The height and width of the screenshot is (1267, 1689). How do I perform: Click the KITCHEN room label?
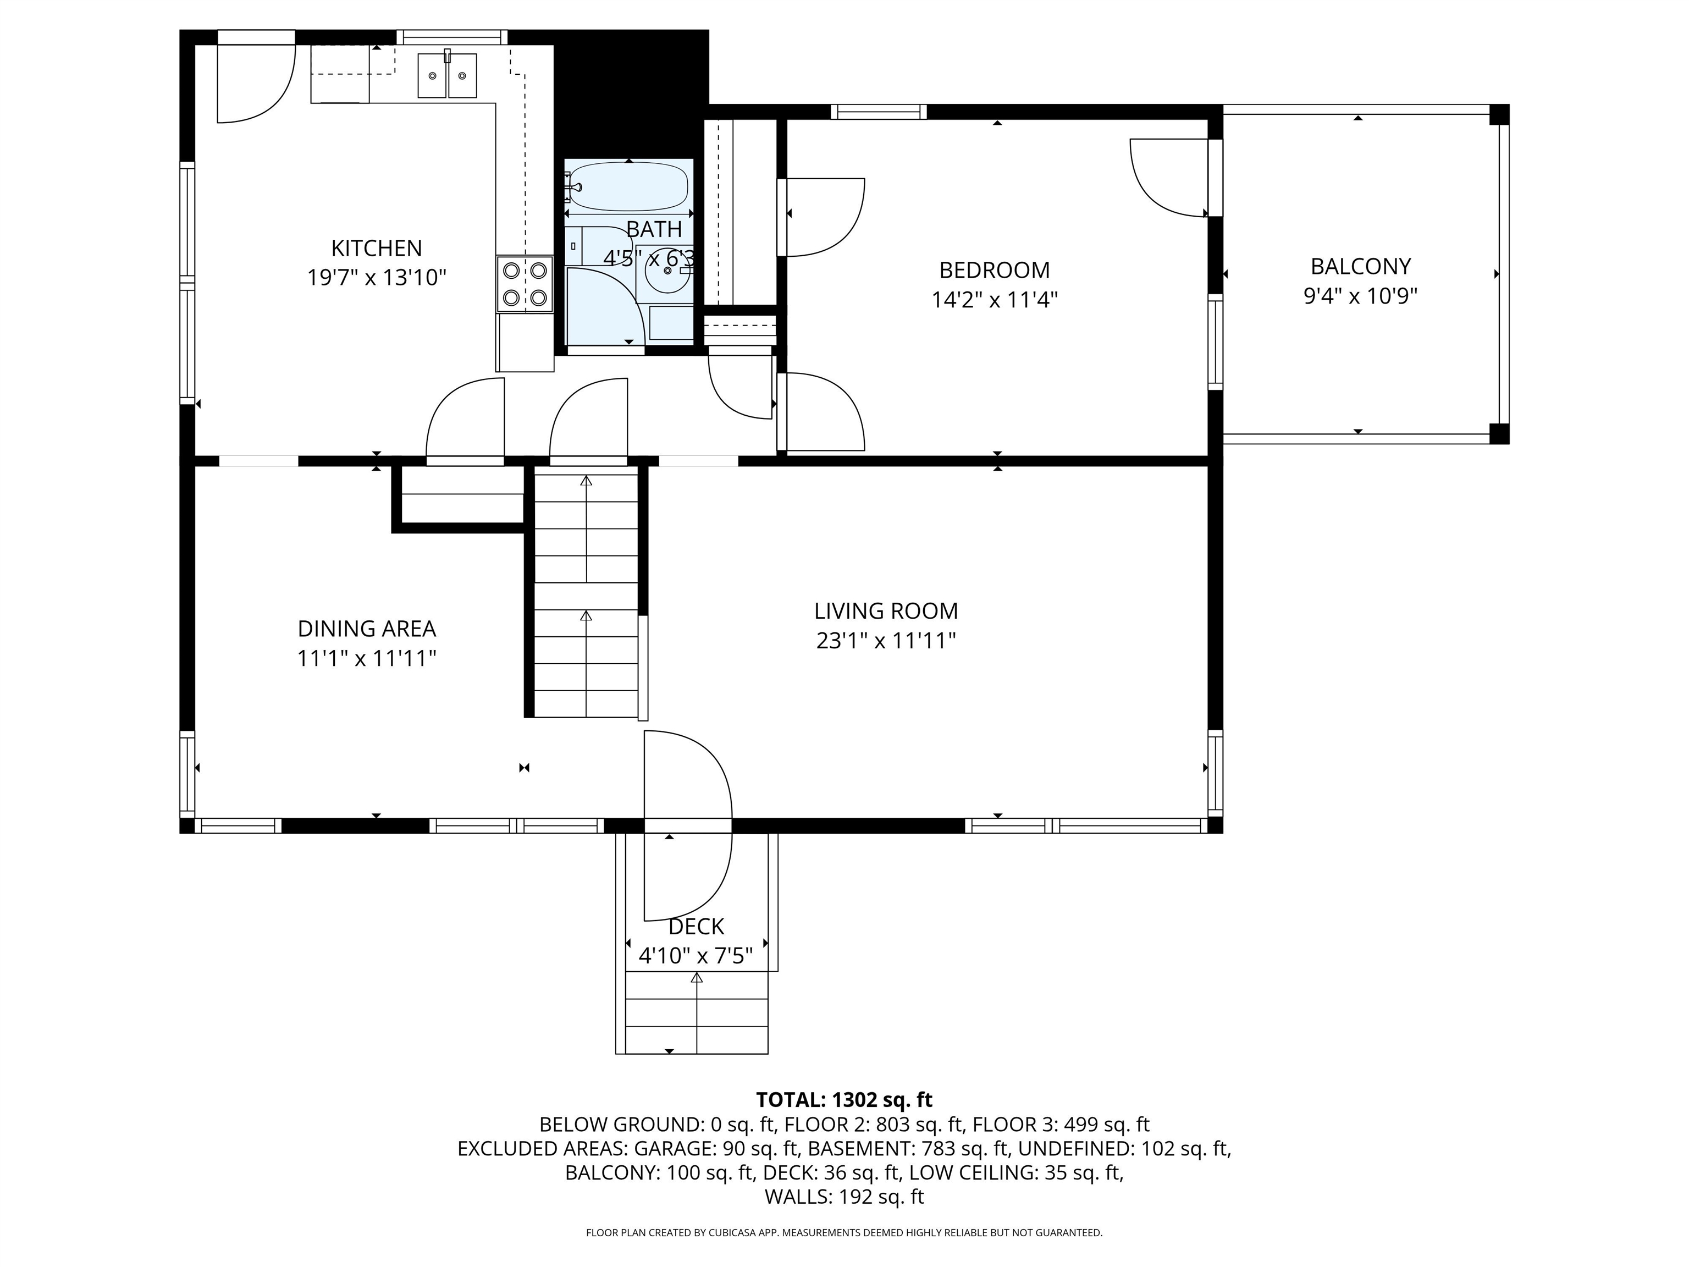click(x=377, y=248)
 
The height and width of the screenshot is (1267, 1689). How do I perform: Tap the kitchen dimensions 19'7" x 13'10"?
click(x=377, y=277)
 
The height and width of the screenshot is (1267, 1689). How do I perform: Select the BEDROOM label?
click(x=994, y=271)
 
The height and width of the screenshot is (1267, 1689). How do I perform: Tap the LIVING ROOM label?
click(x=886, y=611)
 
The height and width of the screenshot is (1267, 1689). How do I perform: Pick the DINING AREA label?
click(x=367, y=629)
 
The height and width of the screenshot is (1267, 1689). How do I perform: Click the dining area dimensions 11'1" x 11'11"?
click(x=367, y=658)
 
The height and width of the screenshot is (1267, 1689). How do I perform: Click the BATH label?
click(x=654, y=229)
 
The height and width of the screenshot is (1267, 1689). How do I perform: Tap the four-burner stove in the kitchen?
click(x=525, y=284)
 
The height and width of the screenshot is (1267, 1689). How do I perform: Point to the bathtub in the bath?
click(x=629, y=185)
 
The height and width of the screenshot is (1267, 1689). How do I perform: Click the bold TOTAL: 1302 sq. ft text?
click(x=844, y=1100)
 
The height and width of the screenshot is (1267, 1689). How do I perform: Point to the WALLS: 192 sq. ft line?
click(x=844, y=1197)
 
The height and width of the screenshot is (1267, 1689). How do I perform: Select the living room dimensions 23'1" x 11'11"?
click(x=886, y=640)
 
